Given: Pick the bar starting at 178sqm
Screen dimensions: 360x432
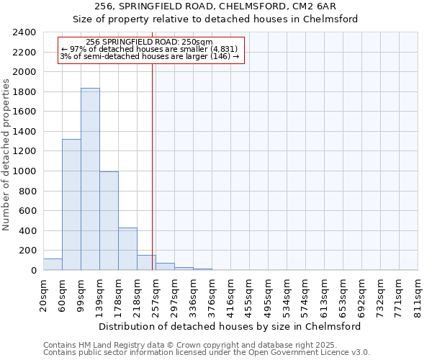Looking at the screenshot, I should coord(127,249).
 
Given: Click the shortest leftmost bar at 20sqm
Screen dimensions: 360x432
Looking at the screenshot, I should coord(53,264).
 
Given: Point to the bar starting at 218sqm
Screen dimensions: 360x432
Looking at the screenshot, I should coord(146,263).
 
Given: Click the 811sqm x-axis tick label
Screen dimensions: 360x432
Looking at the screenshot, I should coord(418,295).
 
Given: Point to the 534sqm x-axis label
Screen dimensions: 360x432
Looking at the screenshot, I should coord(287,295).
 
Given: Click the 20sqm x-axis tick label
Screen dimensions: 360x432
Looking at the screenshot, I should coord(44,295).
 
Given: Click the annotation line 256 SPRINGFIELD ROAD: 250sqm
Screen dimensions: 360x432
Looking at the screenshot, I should coord(148,42).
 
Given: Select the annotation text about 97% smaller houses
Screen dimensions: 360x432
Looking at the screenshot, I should coord(149,49).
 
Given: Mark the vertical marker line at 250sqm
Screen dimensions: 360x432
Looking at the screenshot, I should coord(153,180).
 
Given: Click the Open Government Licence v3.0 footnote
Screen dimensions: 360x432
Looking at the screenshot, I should coord(207,353).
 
